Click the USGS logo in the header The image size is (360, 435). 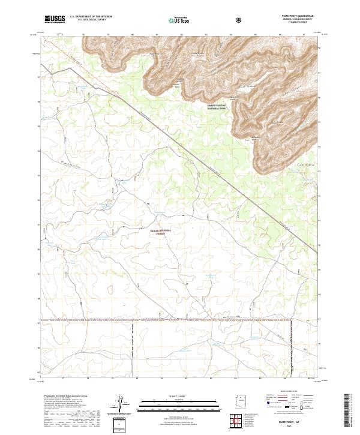(x=55, y=19)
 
